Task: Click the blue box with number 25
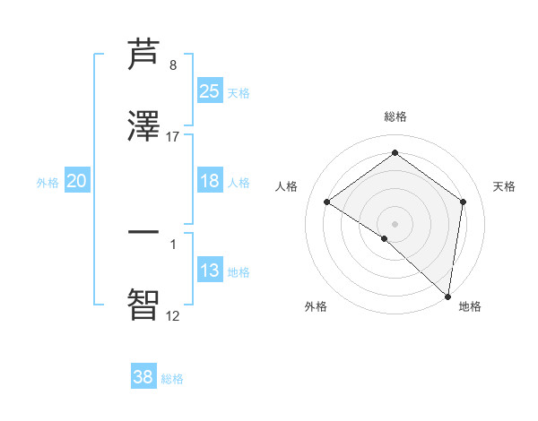click(x=210, y=91)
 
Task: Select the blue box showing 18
click(x=210, y=181)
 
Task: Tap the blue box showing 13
click(x=210, y=271)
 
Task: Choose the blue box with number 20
click(x=77, y=181)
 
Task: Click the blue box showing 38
click(x=143, y=377)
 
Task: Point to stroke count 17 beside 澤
click(x=173, y=137)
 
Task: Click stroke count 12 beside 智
click(x=173, y=315)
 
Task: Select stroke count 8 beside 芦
click(x=173, y=65)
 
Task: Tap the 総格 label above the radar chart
click(x=395, y=116)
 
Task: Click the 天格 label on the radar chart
click(x=504, y=186)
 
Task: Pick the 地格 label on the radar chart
click(x=470, y=306)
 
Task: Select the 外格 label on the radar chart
click(x=316, y=306)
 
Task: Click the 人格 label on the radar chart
click(x=287, y=186)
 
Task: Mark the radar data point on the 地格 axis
click(x=448, y=296)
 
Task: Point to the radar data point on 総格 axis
click(x=395, y=153)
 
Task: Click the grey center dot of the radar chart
click(x=395, y=223)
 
